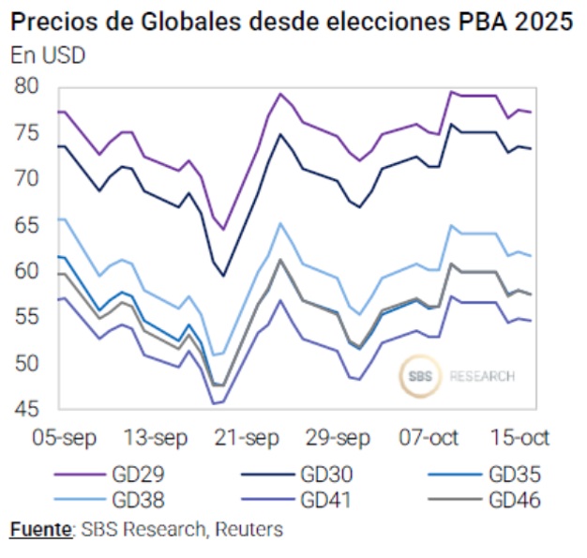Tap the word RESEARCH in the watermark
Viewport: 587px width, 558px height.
click(x=482, y=376)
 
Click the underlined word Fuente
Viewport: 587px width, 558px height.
click(x=40, y=530)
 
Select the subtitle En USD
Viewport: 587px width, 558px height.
click(x=48, y=54)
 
